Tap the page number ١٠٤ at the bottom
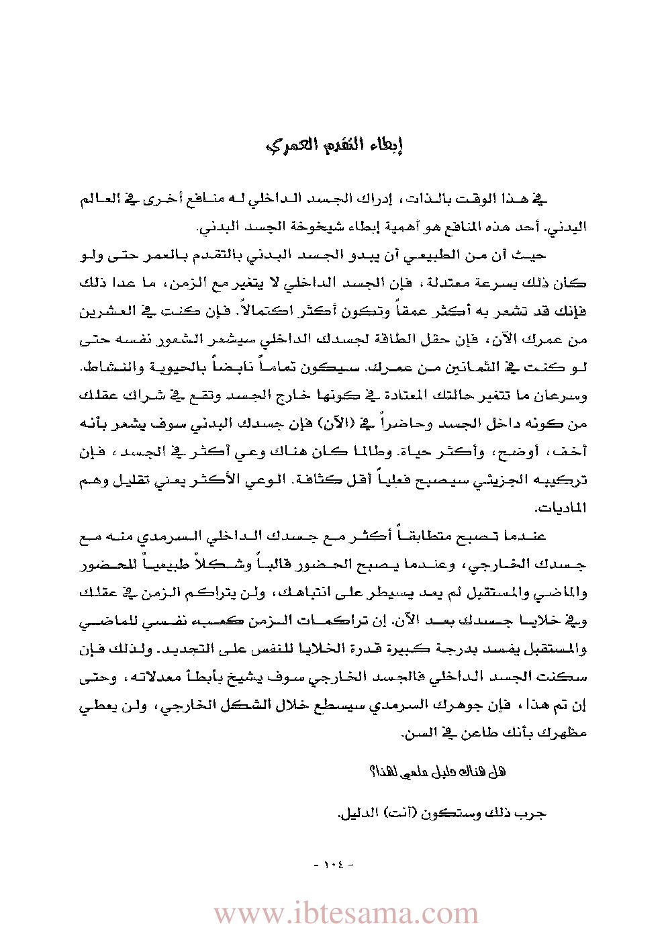coord(333,864)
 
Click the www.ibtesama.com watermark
coord(346,914)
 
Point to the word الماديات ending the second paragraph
coord(568,508)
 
